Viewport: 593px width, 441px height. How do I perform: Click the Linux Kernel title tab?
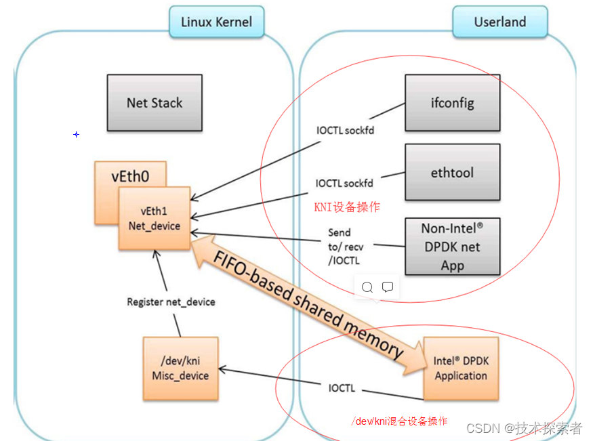[x=216, y=22]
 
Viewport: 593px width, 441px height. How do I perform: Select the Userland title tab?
[x=499, y=22]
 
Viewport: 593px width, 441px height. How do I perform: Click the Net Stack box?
[x=155, y=103]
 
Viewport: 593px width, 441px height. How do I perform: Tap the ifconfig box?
[x=452, y=103]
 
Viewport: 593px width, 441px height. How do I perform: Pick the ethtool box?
[x=452, y=172]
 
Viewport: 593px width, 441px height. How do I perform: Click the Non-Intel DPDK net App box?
[x=452, y=247]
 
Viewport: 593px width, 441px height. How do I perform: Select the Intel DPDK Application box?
[x=461, y=368]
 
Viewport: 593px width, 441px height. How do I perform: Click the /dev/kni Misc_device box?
[x=181, y=368]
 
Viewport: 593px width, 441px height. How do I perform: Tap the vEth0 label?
[x=130, y=177]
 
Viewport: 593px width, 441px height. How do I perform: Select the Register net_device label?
[x=171, y=301]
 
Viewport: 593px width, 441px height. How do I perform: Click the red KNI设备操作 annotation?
[x=346, y=207]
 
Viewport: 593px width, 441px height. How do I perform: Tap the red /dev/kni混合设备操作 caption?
[x=399, y=421]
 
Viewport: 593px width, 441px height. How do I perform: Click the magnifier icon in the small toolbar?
[x=367, y=287]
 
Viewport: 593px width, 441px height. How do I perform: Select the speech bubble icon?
[x=388, y=287]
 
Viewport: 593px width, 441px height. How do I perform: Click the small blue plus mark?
[x=77, y=135]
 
